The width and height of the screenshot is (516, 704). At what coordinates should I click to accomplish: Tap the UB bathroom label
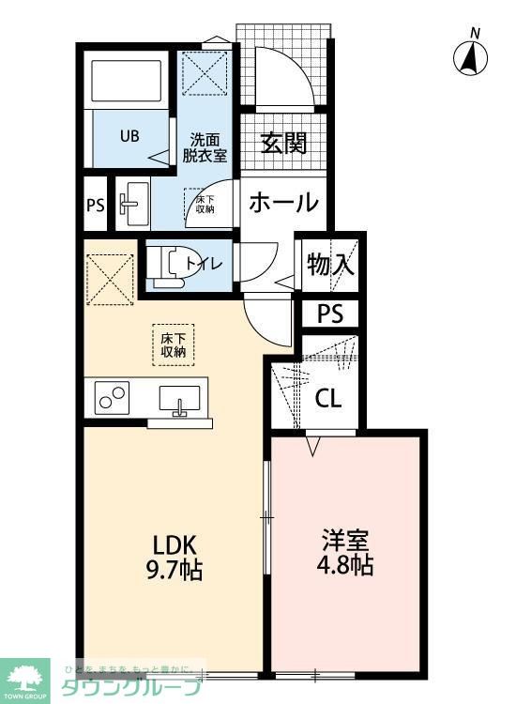[x=129, y=135]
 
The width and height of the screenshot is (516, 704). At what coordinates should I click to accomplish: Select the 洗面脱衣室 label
[x=205, y=145]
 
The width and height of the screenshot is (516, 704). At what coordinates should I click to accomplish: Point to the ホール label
[x=284, y=203]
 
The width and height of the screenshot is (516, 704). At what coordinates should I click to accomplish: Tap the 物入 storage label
[x=329, y=265]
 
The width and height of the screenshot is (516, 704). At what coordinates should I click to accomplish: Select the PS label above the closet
[x=329, y=314]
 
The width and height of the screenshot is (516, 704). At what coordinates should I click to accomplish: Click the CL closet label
[x=327, y=398]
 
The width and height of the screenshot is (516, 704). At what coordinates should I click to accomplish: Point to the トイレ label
[x=202, y=265]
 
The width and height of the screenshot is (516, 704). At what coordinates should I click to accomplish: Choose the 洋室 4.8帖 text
[x=347, y=554]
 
